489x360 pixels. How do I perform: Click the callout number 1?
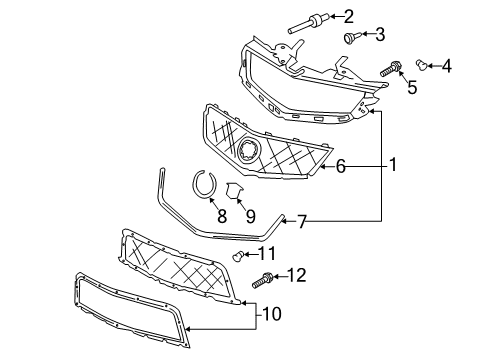coord(392,164)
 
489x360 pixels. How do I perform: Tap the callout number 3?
coord(380,36)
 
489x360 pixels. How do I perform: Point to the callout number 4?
coord(447,67)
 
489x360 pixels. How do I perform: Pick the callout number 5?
coord(410,87)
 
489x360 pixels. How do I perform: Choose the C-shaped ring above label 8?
coord(206,185)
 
